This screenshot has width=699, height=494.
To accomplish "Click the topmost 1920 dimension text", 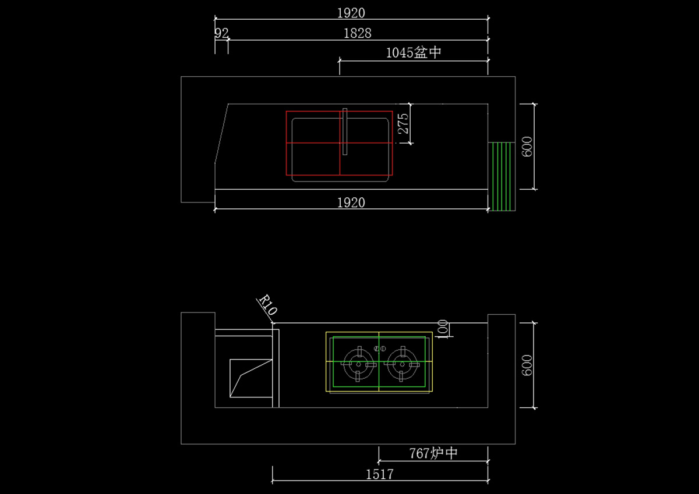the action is click(x=351, y=13).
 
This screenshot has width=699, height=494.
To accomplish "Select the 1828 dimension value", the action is click(x=358, y=33).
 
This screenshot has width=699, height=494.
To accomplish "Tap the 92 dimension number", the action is click(x=221, y=33).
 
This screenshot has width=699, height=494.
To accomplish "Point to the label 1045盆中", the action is click(x=414, y=53).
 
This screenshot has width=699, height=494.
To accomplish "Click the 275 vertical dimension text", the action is click(x=403, y=124).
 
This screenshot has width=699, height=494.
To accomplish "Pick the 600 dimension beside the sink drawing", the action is click(x=527, y=147).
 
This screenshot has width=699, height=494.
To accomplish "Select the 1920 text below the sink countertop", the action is click(x=351, y=203).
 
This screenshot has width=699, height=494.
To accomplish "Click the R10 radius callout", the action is click(x=268, y=304).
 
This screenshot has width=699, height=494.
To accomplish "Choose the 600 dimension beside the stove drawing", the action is click(x=527, y=365).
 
